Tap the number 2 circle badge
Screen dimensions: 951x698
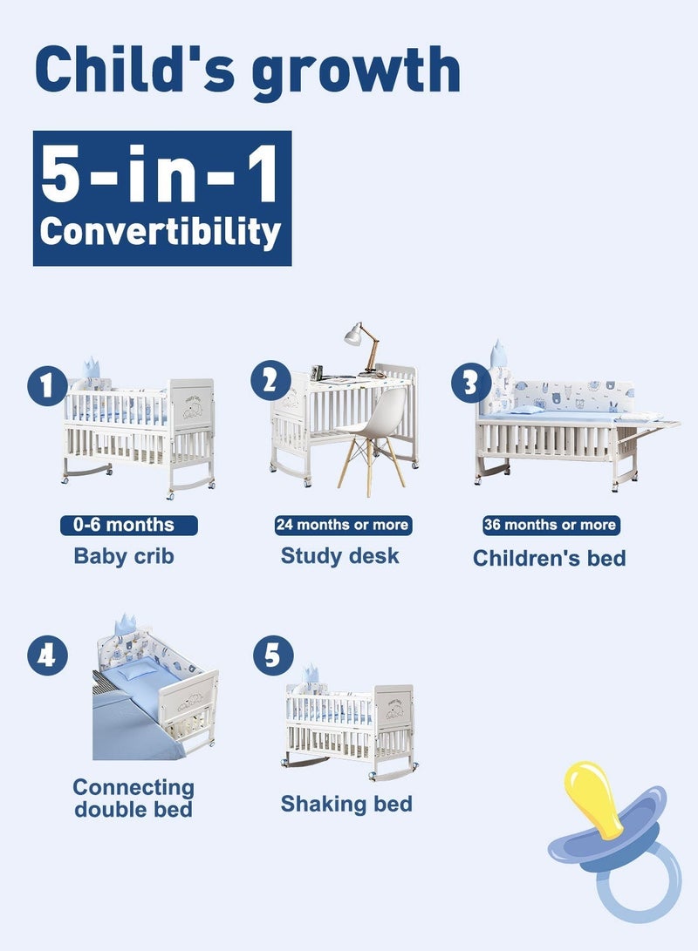(270, 381)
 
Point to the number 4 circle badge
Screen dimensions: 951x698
(47, 656)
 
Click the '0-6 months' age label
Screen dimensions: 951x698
(129, 525)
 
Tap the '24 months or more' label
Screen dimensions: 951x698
(342, 525)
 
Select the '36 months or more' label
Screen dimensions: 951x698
(550, 525)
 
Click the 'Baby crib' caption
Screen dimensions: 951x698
(124, 556)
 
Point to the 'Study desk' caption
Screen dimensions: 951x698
(340, 555)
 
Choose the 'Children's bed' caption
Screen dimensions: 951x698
(550, 558)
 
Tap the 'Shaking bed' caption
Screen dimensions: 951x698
(346, 803)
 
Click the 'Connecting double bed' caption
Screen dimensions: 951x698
(133, 798)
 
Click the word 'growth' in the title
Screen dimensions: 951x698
(356, 71)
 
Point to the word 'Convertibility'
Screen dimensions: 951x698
(161, 231)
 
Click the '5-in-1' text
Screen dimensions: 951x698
(161, 174)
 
